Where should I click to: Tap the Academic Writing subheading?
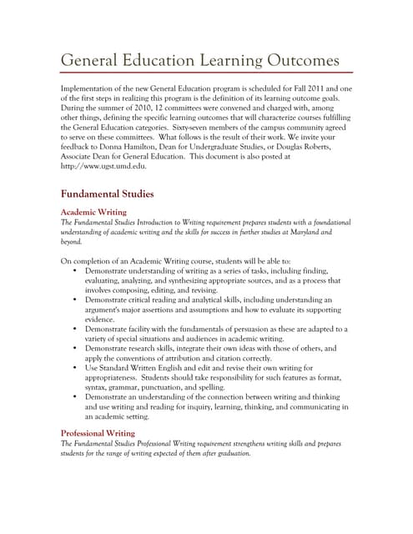click(x=98, y=212)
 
